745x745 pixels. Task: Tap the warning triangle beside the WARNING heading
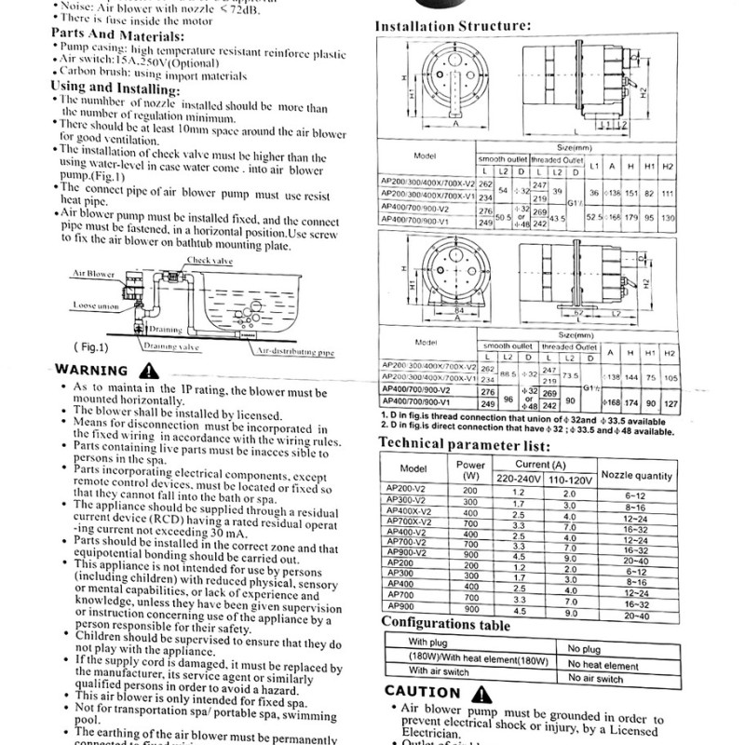click(145, 370)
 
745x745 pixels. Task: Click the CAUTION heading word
click(423, 692)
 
